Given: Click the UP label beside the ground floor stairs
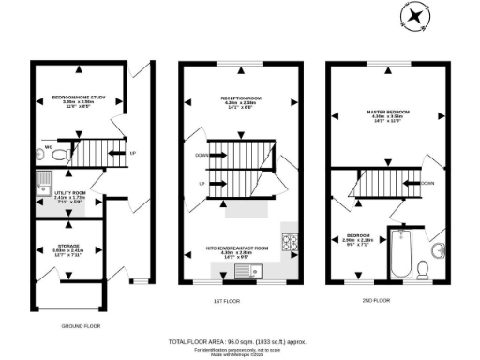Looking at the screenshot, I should [132, 153].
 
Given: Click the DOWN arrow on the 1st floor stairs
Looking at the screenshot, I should [202, 156].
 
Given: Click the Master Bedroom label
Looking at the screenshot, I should [387, 117].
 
